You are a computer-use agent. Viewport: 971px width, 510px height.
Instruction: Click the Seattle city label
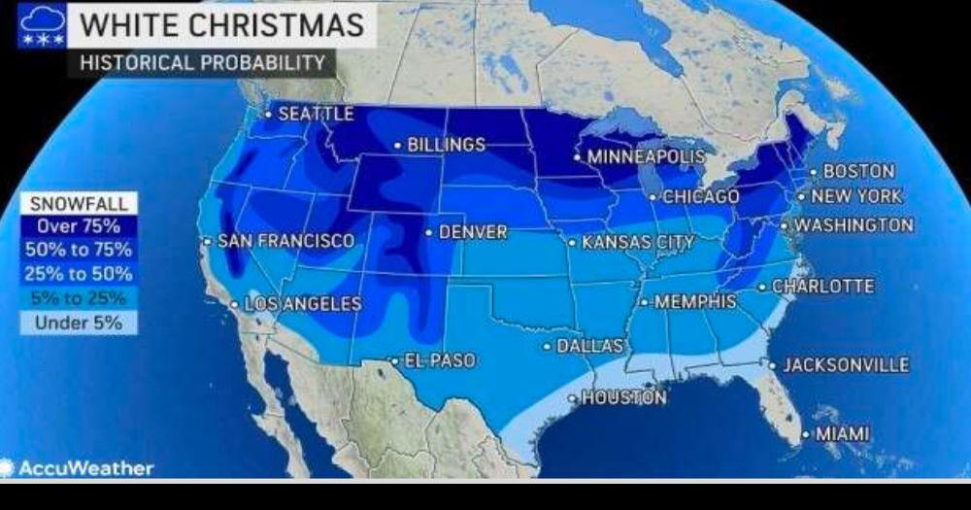tap(316, 114)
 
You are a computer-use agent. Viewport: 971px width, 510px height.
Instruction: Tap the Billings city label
tap(446, 145)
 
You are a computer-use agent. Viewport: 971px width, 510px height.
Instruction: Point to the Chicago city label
tap(700, 197)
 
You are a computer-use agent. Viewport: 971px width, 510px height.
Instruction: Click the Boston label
tap(858, 171)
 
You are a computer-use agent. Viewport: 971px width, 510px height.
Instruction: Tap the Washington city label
tap(854, 225)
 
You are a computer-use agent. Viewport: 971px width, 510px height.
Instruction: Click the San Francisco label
tap(285, 241)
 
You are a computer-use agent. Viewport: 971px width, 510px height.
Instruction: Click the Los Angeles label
tap(302, 304)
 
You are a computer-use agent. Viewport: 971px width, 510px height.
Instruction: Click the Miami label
tap(842, 434)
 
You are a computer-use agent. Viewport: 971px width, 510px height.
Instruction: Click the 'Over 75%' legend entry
tap(78, 226)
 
